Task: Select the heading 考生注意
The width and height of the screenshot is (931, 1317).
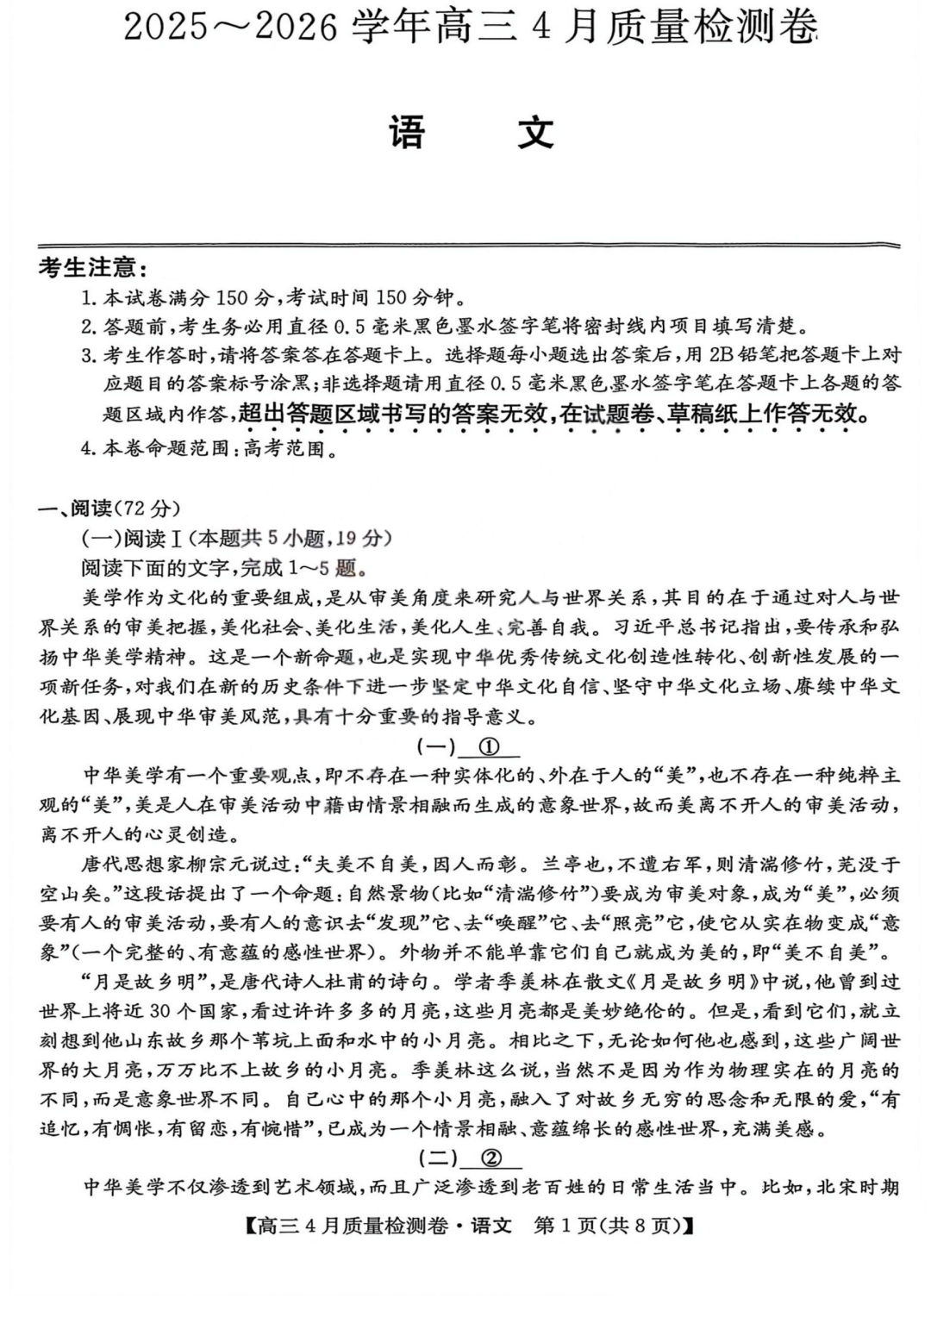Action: coord(92,268)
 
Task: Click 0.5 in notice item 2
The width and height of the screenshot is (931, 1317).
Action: coord(350,327)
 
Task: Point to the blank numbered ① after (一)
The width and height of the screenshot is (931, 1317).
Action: coord(490,746)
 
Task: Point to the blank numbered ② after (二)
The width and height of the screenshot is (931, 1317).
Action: coord(491,1158)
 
